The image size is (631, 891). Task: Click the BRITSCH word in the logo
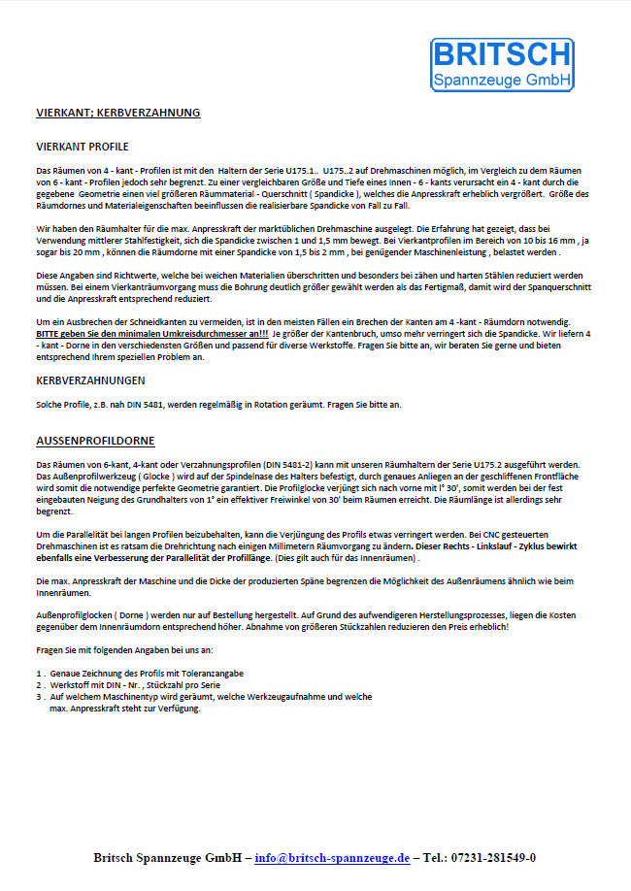502,54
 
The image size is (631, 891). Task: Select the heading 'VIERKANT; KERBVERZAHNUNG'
117,113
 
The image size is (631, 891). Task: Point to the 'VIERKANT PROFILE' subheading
82,147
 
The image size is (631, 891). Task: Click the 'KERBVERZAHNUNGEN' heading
90,379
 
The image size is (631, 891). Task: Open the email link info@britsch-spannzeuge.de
331,858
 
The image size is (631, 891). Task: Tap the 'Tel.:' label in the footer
436,858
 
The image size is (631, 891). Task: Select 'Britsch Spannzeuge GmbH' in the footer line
169,858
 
